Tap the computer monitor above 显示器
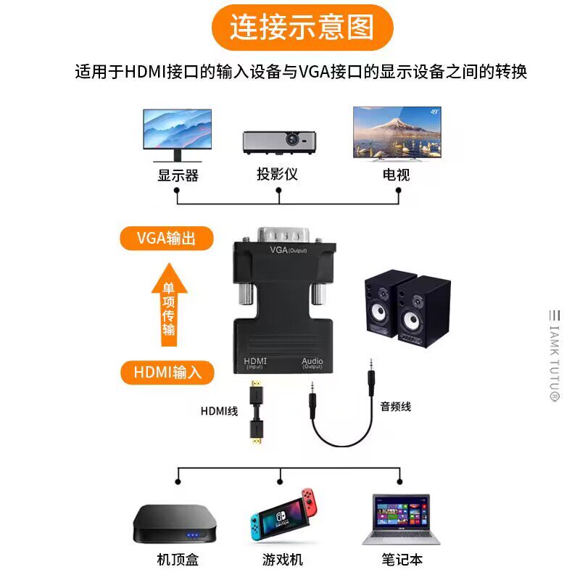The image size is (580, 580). click(177, 133)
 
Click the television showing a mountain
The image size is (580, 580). click(397, 133)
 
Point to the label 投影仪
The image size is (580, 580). click(277, 175)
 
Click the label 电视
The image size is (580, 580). click(397, 175)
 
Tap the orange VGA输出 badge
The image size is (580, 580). click(166, 239)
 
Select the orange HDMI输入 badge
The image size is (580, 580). click(166, 373)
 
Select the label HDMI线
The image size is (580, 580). click(219, 411)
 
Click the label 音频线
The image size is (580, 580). click(395, 407)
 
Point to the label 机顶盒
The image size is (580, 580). click(177, 559)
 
